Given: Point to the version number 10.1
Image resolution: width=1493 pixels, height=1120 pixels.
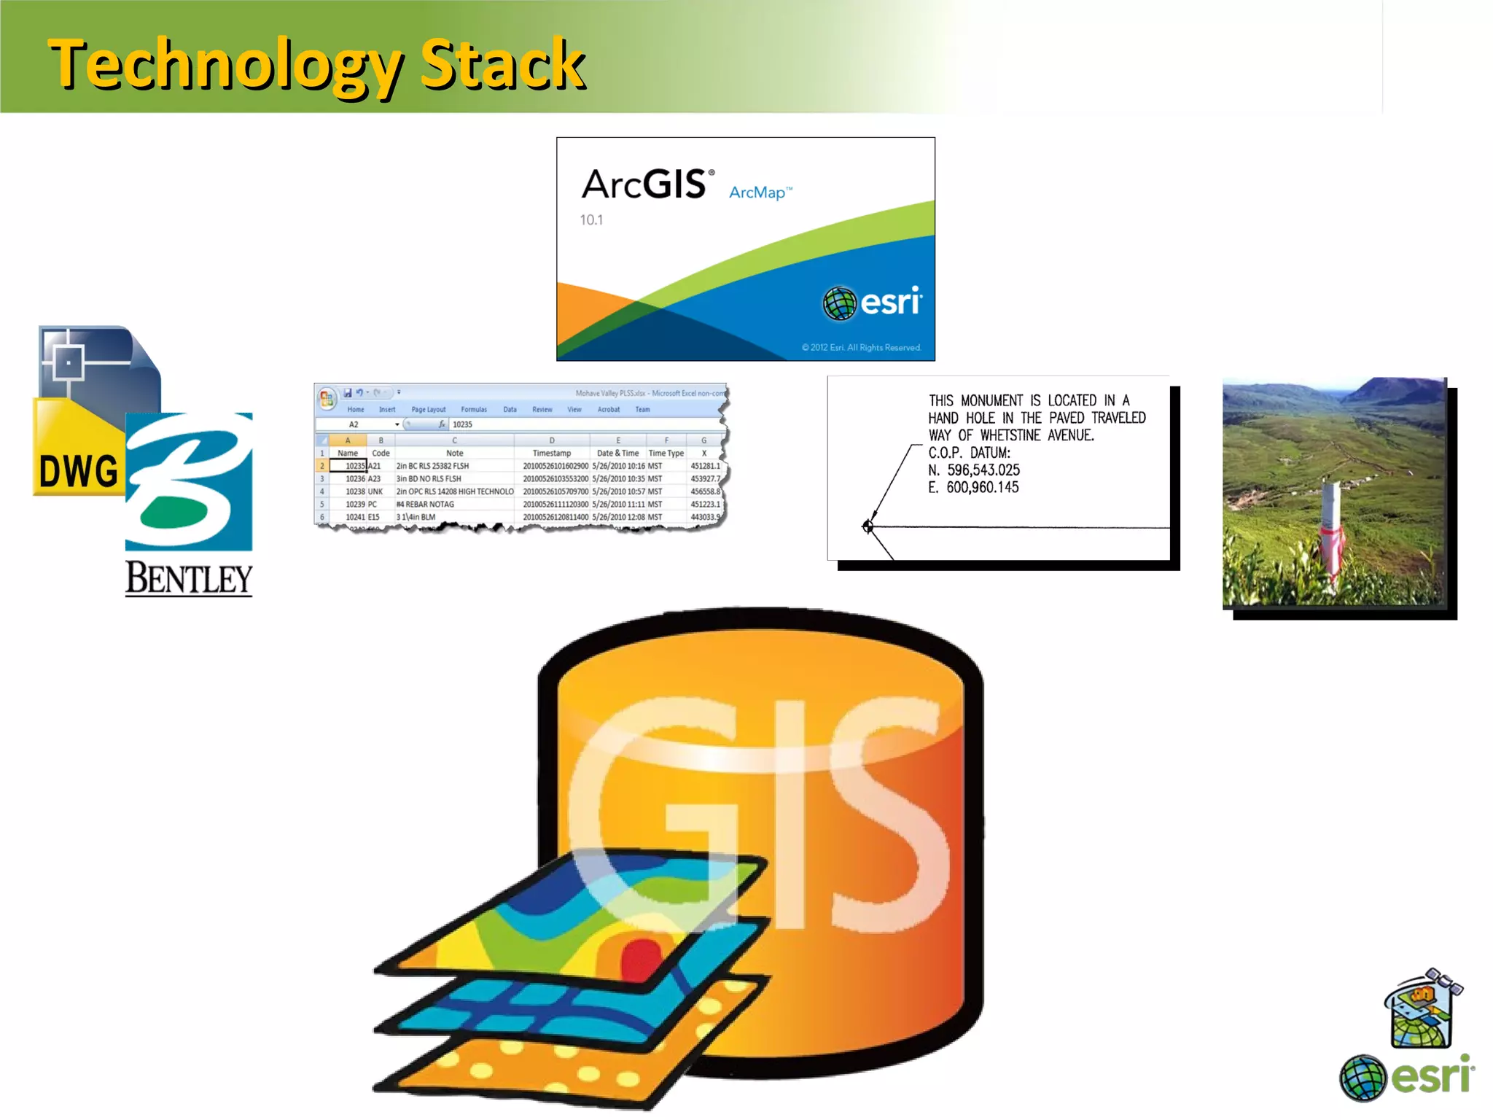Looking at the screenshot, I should pyautogui.click(x=591, y=219).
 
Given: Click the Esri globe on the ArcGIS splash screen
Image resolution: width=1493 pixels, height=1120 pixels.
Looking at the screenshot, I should pyautogui.click(x=839, y=303).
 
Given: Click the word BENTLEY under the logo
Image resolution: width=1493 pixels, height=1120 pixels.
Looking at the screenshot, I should pyautogui.click(x=189, y=579).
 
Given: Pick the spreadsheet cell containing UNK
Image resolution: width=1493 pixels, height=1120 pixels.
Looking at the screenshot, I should pyautogui.click(x=375, y=491).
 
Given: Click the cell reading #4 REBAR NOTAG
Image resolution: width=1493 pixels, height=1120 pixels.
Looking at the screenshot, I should pyautogui.click(x=425, y=505).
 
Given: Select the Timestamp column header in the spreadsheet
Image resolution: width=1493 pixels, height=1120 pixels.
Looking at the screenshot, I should pyautogui.click(x=551, y=453).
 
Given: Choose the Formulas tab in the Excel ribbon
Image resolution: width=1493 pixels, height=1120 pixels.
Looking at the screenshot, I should pyautogui.click(x=474, y=410).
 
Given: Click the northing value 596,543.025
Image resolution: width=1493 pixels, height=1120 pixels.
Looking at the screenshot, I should pyautogui.click(x=983, y=470).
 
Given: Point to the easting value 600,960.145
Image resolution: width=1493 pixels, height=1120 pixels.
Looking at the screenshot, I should pyautogui.click(x=982, y=488).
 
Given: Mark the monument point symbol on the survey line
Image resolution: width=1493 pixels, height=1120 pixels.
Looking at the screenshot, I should pyautogui.click(x=868, y=526).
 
